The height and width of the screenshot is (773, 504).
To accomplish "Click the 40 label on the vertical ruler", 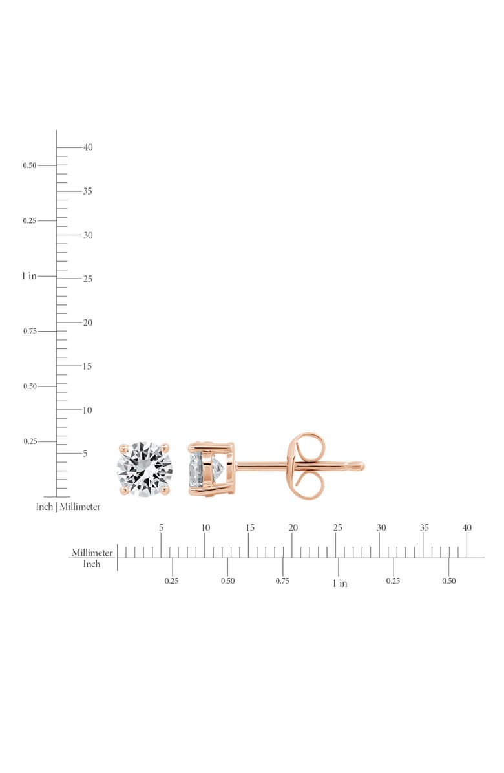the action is click(88, 147).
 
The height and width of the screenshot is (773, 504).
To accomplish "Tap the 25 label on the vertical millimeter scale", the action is click(88, 279).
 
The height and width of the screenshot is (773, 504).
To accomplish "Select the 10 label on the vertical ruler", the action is click(87, 410).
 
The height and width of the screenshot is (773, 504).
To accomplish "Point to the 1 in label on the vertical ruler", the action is click(29, 276).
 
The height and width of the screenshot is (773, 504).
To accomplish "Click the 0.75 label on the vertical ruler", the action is click(30, 331).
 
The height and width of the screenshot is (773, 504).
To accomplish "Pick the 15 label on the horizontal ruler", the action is click(250, 527).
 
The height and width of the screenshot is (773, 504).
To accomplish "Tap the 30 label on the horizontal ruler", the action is click(381, 527).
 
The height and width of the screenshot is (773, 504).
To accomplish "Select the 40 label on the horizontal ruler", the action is click(467, 527).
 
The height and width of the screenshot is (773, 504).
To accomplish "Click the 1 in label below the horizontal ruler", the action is click(339, 583).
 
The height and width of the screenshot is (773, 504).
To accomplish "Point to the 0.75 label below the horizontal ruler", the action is click(282, 581).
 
